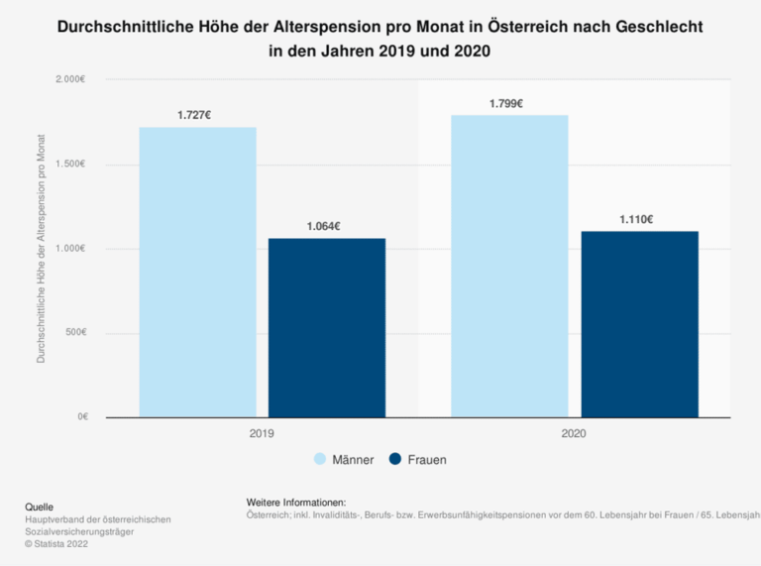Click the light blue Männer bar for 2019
[x=197, y=272]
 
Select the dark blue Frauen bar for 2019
[x=327, y=327]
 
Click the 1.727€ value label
[x=194, y=115]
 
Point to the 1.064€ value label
[x=324, y=226]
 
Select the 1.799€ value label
[x=506, y=103]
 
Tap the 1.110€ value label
[x=636, y=219]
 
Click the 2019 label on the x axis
[x=262, y=434]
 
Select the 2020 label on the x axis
[x=574, y=434]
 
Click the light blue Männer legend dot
[x=320, y=460]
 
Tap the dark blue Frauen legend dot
[x=395, y=460]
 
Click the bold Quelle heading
[x=40, y=507]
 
